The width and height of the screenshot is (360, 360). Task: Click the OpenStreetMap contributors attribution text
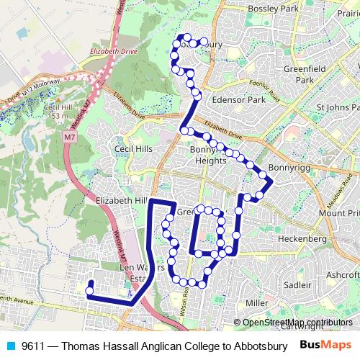pos(297,322)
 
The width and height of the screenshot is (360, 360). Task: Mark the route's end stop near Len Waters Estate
pos(89,291)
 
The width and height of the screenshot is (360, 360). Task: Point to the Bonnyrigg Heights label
pos(208,155)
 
